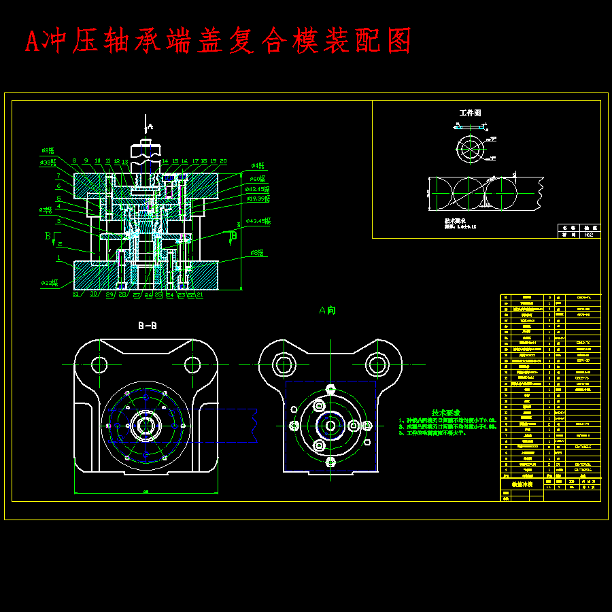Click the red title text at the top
tap(218, 41)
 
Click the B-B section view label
tap(148, 326)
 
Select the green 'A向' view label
tap(327, 310)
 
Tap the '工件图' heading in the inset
tap(470, 113)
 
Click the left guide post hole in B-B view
tap(99, 364)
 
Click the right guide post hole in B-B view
tap(192, 364)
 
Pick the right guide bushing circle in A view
tap(377, 364)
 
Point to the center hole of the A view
tap(330, 426)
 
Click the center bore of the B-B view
tap(145, 426)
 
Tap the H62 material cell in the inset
tap(589, 234)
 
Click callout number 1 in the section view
tap(59, 258)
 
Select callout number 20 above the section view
tap(223, 162)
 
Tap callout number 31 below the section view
tap(76, 294)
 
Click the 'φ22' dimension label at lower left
tap(48, 282)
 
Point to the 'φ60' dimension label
tap(257, 179)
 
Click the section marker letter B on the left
tap(48, 236)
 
